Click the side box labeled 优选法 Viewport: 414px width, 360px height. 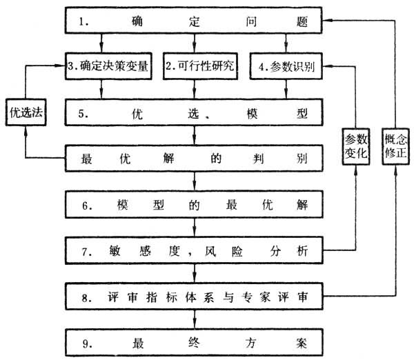(25, 112)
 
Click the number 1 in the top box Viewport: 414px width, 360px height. (83, 21)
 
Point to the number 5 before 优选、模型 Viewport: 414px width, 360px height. (83, 112)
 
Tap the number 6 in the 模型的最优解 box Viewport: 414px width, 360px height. (83, 205)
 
